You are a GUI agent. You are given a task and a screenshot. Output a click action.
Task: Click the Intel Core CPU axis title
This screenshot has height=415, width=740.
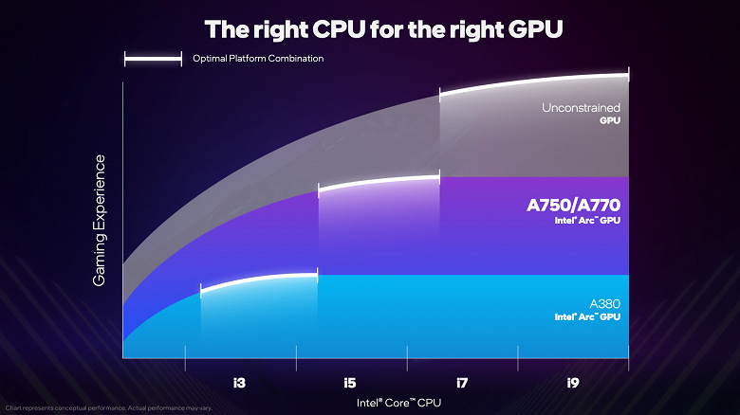(398, 403)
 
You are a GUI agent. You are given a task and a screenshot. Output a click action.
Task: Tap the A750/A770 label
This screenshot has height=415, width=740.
(573, 204)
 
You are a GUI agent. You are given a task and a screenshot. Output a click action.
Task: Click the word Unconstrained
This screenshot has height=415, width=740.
(581, 108)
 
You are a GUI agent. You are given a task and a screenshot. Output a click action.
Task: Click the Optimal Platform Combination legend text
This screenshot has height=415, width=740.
(258, 59)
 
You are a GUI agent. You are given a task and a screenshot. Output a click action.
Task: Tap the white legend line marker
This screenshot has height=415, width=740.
(153, 59)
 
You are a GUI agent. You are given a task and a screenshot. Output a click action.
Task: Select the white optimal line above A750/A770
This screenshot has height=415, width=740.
(379, 181)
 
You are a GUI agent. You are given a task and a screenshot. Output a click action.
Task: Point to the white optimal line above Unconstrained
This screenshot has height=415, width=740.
(533, 82)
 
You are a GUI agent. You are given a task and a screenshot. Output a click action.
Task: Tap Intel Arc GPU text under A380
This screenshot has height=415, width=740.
(587, 316)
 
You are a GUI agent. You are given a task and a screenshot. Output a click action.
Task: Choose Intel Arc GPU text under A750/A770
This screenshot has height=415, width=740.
(586, 219)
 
